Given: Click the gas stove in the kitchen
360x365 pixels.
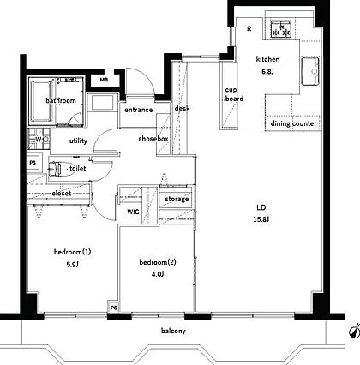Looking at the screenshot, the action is tap(281, 29).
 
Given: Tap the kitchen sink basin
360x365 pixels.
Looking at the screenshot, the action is tap(310, 71).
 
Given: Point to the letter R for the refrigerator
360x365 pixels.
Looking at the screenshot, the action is tap(249, 28).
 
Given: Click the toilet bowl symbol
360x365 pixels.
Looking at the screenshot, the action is tap(56, 169).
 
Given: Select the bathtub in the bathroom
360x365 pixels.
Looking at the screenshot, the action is tap(42, 101).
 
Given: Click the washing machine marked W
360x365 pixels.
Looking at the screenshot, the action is tap(39, 139).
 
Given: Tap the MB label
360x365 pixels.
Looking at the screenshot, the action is tap(104, 80).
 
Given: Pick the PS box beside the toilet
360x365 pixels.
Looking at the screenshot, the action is tap(34, 163).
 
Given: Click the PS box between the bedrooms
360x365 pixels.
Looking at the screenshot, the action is tap(114, 308).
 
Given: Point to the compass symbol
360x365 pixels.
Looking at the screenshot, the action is tap(354, 331).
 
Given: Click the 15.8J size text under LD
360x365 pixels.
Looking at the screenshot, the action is tap(261, 219).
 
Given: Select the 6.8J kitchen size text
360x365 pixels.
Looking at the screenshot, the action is tap(267, 71).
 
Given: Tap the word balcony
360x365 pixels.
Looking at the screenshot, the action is tap(173, 331).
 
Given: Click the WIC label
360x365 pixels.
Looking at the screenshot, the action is tap(133, 212).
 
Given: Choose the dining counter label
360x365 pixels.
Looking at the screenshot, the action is tap(293, 123).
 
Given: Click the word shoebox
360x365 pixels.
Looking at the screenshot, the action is tap(153, 139).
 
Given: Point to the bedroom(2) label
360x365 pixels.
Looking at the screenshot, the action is tap(158, 262).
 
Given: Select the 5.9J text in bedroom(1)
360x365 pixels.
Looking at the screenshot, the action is tap(72, 265).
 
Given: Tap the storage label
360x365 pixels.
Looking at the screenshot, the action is tap(177, 199).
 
